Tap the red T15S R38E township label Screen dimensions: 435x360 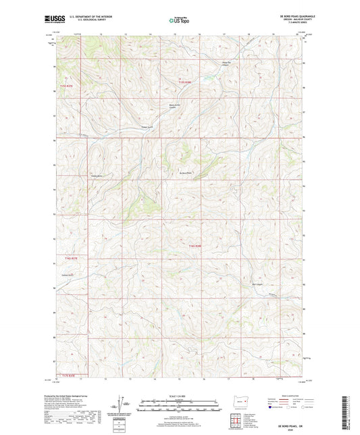184,82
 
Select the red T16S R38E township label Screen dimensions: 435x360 195,246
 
